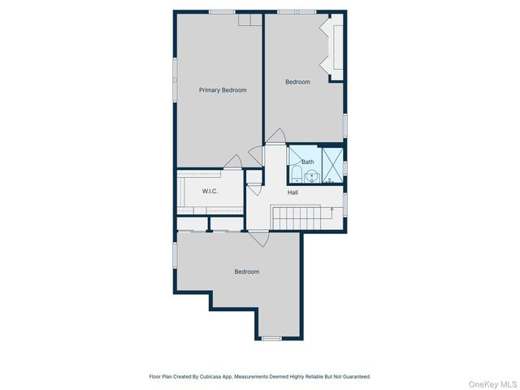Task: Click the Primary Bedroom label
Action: click(223, 90)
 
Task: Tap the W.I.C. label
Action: click(210, 191)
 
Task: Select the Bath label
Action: click(308, 162)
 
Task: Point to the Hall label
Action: click(292, 193)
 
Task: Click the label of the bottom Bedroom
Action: click(247, 271)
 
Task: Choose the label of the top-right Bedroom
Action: click(297, 81)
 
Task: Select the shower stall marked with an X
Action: click(331, 165)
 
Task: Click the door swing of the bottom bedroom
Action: click(259, 239)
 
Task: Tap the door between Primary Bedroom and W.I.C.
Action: click(233, 161)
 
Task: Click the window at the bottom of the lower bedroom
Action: click(271, 338)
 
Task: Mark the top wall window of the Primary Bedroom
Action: click(222, 11)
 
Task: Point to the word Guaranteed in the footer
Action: click(355, 377)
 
